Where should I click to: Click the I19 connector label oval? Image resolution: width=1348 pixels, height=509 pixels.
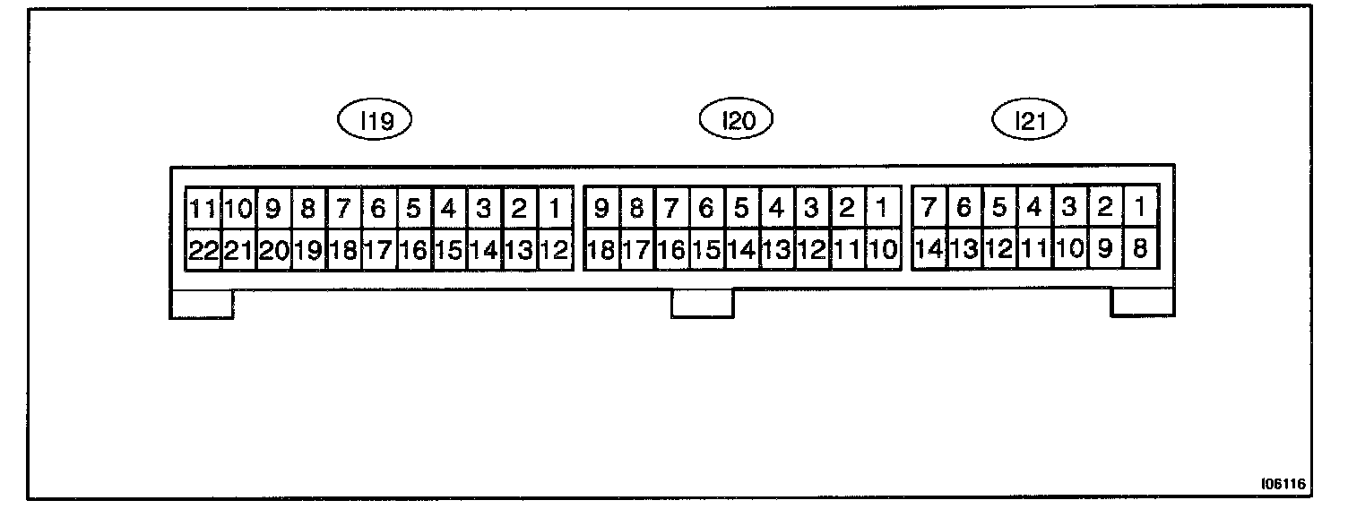pyautogui.click(x=374, y=120)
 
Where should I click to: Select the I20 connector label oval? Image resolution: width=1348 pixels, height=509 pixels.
pyautogui.click(x=735, y=120)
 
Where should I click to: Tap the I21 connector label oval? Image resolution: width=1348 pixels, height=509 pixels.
pyautogui.click(x=1031, y=120)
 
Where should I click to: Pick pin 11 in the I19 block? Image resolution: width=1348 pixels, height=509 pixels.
pyautogui.click(x=203, y=209)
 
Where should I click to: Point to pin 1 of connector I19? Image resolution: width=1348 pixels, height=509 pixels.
pyautogui.click(x=555, y=209)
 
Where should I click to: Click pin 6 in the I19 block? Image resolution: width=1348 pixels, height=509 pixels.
pyautogui.click(x=378, y=209)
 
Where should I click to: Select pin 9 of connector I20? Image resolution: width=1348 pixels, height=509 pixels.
pyautogui.click(x=601, y=209)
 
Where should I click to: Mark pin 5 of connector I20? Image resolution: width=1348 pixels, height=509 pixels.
pyautogui.click(x=741, y=209)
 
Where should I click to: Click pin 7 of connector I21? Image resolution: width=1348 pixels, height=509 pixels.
pyautogui.click(x=929, y=209)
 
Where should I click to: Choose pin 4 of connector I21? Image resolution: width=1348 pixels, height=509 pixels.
pyautogui.click(x=1034, y=209)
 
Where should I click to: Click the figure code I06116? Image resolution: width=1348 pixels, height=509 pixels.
pyautogui.click(x=1282, y=483)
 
